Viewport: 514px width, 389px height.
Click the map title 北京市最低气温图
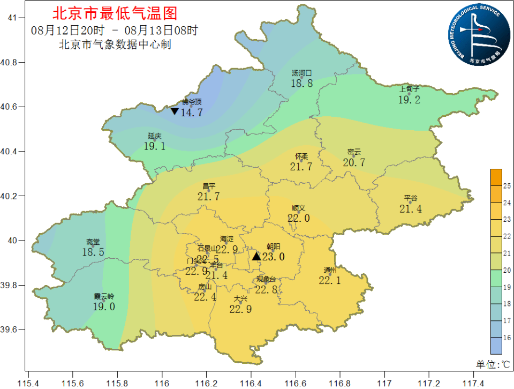point(114,13)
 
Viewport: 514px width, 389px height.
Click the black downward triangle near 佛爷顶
point(175,111)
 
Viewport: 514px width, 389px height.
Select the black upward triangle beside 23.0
point(256,256)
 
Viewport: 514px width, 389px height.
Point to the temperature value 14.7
point(192,113)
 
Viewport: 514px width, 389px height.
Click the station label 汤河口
point(301,73)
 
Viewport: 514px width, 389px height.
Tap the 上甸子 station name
point(409,89)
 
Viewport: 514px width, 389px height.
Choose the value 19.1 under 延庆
point(155,146)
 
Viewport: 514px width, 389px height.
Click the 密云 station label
point(354,152)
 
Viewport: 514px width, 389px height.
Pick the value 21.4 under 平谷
point(411,209)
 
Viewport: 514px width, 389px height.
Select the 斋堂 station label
point(93,242)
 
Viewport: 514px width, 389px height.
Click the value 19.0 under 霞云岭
point(104,306)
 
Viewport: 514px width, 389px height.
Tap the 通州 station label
point(330,270)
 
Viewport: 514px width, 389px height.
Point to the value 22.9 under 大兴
point(240,309)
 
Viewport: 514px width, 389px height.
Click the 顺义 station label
point(298,208)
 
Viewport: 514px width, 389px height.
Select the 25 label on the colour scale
point(507,186)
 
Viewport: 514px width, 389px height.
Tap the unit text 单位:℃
point(493,364)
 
